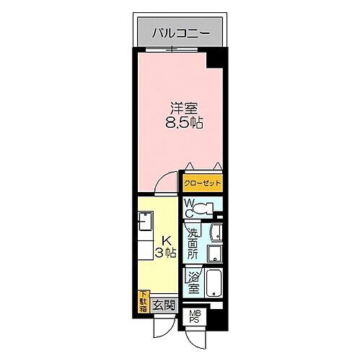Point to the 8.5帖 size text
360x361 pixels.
(x=184, y=123)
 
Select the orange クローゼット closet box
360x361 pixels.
(x=202, y=183)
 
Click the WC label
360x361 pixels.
(x=189, y=209)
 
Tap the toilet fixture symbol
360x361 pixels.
(x=205, y=209)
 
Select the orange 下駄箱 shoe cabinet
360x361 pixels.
(x=142, y=299)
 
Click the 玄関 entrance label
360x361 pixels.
(x=164, y=305)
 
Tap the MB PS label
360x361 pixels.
(x=196, y=317)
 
